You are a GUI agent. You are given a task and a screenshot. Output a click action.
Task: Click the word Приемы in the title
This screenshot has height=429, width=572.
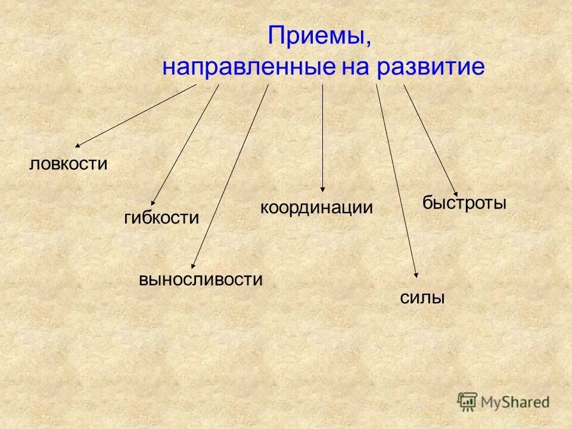click(319, 36)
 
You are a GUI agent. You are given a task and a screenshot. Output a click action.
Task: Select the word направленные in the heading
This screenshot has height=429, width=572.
click(248, 67)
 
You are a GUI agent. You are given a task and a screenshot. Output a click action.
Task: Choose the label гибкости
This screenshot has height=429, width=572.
click(161, 217)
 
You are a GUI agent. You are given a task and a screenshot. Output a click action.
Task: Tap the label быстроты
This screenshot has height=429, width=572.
click(465, 203)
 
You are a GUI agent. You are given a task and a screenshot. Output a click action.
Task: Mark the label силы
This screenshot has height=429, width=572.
click(423, 298)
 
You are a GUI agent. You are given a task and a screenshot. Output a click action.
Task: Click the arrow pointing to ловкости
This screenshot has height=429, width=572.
click(136, 115)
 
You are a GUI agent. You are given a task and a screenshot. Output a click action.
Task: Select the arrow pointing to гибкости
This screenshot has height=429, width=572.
click(185, 145)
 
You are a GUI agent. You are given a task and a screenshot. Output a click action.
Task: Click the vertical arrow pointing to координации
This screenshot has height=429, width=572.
click(323, 137)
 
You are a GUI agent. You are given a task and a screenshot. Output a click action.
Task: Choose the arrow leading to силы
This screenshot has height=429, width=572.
click(397, 181)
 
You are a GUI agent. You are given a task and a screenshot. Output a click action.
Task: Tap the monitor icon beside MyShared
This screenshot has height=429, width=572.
click(468, 401)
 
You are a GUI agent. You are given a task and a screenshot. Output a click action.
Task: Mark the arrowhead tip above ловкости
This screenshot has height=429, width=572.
click(76, 146)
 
